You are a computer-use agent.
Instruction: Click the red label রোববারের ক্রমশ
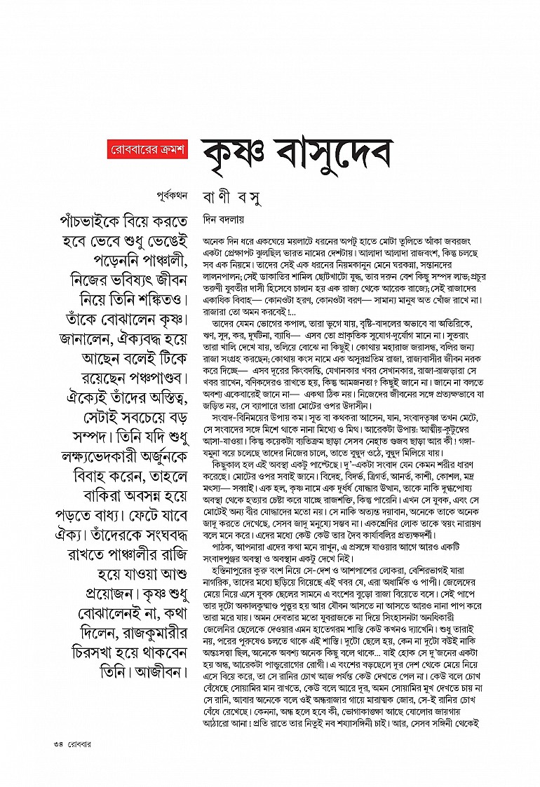(x=149, y=149)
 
